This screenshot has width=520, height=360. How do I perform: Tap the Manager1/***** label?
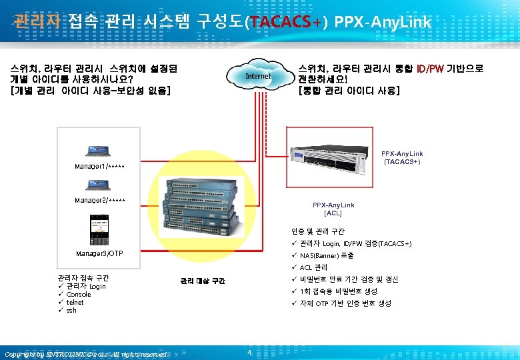(97, 165)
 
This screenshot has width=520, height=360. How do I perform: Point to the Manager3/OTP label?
(99, 254)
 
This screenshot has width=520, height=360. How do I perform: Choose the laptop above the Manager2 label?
(98, 183)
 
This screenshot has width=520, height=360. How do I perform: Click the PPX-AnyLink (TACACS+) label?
(402, 157)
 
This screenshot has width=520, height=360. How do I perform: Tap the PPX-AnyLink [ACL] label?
(333, 209)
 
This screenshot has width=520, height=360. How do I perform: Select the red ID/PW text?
(430, 69)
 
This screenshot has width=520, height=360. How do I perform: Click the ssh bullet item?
(72, 310)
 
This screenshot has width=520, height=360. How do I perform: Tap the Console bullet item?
(79, 294)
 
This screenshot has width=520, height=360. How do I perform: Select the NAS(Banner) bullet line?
(327, 255)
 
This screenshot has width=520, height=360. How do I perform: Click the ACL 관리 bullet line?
(313, 267)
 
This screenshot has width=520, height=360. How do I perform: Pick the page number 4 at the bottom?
(249, 352)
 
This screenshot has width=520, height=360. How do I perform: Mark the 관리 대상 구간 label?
(202, 281)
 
